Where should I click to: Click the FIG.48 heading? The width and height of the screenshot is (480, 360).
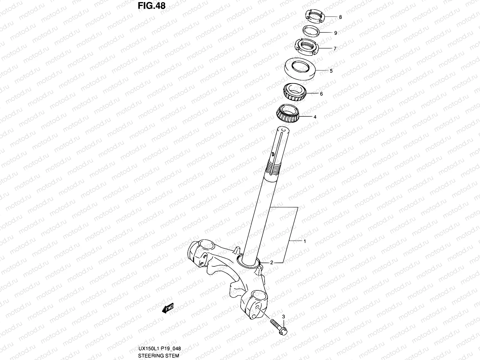(152, 6)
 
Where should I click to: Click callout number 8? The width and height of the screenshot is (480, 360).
(340, 17)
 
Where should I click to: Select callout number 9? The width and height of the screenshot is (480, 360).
(336, 33)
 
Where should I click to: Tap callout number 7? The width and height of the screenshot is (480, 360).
(335, 48)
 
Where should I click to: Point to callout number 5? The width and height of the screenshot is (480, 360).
(331, 71)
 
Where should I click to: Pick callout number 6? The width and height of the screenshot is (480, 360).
(321, 94)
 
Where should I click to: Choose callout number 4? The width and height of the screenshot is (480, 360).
(315, 117)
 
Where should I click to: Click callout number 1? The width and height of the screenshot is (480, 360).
(304, 241)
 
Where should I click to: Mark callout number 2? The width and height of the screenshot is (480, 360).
(271, 263)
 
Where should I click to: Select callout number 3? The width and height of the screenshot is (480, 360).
(283, 317)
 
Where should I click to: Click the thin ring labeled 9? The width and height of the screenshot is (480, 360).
(311, 31)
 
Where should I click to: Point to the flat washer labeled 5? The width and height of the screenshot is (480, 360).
(300, 69)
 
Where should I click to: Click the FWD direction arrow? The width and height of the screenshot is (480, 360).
(167, 309)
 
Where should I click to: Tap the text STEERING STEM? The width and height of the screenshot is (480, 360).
(158, 356)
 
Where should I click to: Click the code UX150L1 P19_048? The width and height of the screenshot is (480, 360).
(159, 349)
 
